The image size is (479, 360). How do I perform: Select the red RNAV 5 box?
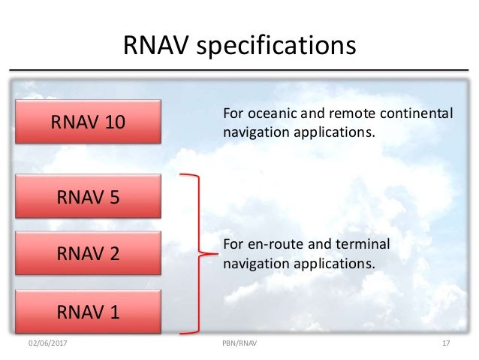point(89,197)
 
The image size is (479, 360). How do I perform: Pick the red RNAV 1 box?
point(89,310)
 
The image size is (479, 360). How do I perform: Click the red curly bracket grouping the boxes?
point(197,253)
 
